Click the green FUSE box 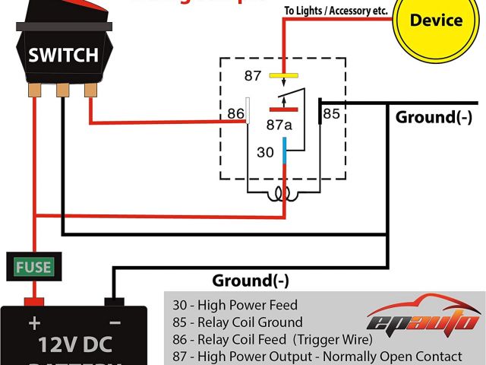pos(33,267)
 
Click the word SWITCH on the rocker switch pos(63,55)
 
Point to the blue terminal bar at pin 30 pos(284,150)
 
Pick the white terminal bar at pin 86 pos(248,110)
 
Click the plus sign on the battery pos(33,322)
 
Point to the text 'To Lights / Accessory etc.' pos(335,11)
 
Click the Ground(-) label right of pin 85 pos(434,117)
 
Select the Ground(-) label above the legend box pos(251,280)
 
